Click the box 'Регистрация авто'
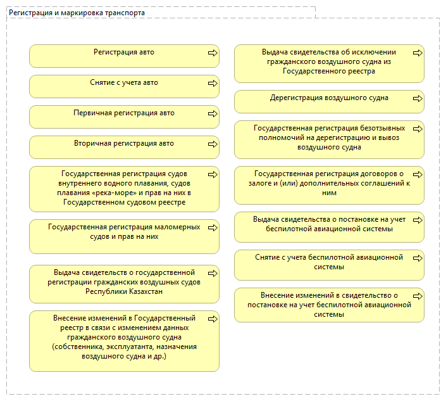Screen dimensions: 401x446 [124, 56]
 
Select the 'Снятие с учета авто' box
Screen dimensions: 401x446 [124, 86]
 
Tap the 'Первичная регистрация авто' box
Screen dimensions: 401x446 [124, 117]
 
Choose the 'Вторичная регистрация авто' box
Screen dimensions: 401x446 [124, 147]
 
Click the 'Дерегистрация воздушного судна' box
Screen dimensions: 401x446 [329, 101]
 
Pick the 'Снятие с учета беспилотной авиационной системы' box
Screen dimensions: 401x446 [329, 265]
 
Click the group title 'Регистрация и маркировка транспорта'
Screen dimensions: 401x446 [77, 13]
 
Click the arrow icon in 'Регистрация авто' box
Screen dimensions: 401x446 [213, 53]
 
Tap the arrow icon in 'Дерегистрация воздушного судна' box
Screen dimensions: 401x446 [418, 99]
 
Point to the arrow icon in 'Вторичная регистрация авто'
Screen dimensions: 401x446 [213, 144]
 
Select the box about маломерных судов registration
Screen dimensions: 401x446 [124, 236]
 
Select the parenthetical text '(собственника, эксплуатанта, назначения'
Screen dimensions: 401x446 [124, 347]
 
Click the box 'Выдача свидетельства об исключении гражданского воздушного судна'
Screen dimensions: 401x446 [329, 63]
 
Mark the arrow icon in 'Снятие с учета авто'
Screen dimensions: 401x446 [213, 84]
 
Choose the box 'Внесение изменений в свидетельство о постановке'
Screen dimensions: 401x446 [329, 304]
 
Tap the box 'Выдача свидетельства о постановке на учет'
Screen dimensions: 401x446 [329, 227]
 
